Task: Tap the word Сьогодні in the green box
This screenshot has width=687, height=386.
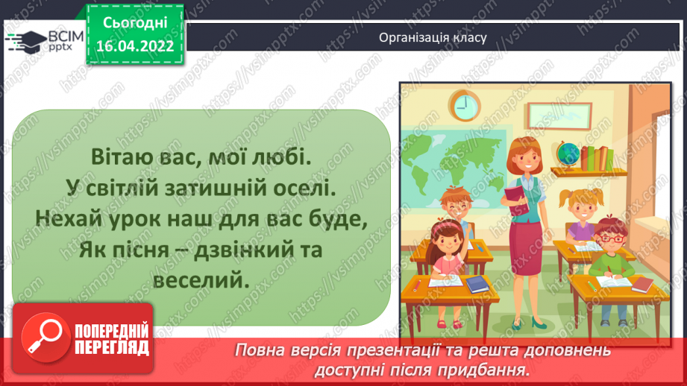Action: (136, 23)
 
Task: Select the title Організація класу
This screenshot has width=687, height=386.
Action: (433, 37)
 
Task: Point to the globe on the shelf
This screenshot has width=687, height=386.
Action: (569, 152)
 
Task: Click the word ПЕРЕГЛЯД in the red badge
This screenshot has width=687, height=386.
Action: (111, 347)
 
